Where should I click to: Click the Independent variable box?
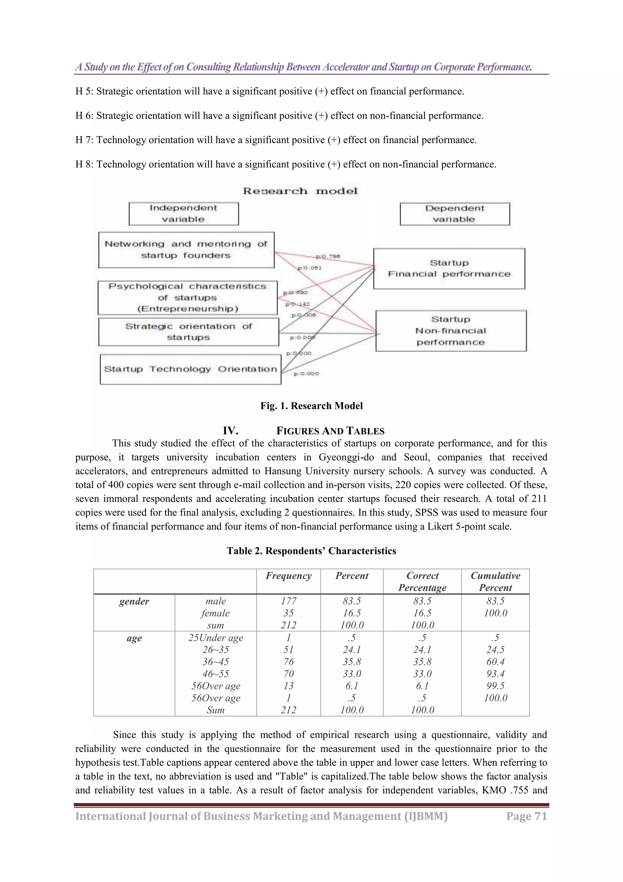[183, 214]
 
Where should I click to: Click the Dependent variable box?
[454, 214]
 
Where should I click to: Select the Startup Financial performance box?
[449, 269]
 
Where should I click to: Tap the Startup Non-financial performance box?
[451, 331]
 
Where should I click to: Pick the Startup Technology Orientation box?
[190, 369]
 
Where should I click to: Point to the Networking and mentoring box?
[186, 250]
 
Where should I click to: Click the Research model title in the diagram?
[300, 191]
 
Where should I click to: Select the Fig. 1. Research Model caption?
[311, 406]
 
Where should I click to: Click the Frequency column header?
[288, 575]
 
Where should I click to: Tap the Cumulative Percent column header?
[495, 581]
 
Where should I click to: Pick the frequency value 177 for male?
[288, 601]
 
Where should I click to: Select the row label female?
[215, 613]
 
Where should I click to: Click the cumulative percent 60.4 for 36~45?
[495, 662]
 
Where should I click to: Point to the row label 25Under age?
[215, 638]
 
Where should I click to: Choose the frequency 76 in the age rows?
[288, 662]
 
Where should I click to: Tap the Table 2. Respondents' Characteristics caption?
[311, 551]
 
